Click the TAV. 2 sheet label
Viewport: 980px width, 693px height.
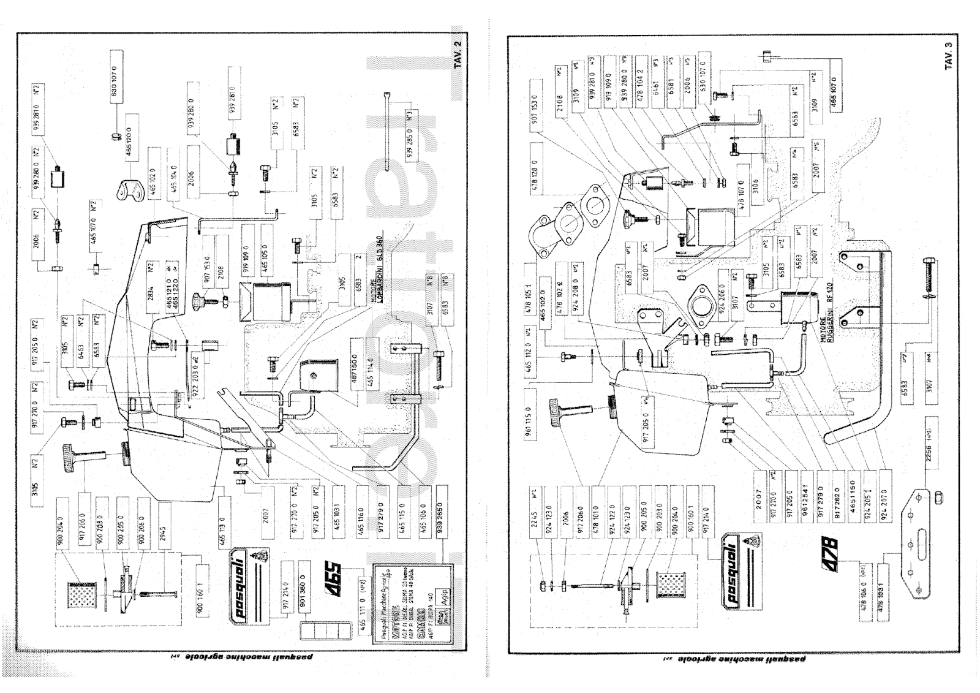[459, 55]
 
